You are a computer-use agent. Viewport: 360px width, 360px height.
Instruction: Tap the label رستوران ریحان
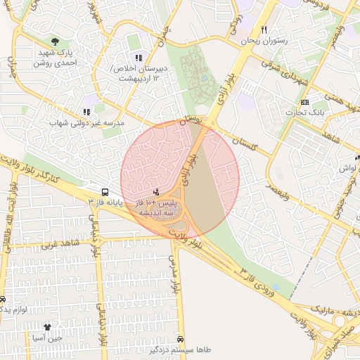tap(264, 41)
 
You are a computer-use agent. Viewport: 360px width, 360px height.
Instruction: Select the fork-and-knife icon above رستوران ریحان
tap(264, 30)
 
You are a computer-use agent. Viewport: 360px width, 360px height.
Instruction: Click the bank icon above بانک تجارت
tap(304, 102)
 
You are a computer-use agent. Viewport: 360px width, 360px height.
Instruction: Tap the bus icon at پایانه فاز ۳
tap(105, 191)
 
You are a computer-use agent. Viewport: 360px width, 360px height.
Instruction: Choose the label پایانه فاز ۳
tap(105, 202)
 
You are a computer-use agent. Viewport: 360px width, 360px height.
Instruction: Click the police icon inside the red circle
tap(156, 191)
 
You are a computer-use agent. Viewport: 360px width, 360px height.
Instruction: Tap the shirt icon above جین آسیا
tap(47, 327)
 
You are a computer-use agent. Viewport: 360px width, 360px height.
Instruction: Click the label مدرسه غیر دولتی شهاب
tap(86, 123)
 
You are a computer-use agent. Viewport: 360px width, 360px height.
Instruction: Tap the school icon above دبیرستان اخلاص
tap(139, 57)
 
